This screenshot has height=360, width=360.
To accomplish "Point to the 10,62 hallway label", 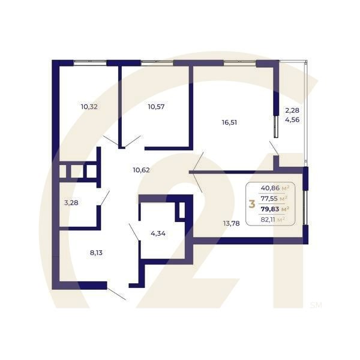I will pyautogui.click(x=141, y=170).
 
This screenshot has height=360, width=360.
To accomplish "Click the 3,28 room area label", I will pyautogui.click(x=71, y=202).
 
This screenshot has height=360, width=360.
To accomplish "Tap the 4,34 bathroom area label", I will pyautogui.click(x=158, y=233).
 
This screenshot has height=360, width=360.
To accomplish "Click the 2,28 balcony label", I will pyautogui.click(x=292, y=110).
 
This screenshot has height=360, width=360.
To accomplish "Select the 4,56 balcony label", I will pyautogui.click(x=292, y=119).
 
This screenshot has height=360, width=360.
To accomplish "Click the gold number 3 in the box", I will pyautogui.click(x=251, y=204).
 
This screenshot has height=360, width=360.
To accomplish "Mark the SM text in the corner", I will pyautogui.click(x=316, y=305).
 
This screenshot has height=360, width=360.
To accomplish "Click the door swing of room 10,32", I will pyautogui.click(x=110, y=142).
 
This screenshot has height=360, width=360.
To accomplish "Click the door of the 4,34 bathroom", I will pyautogui.click(x=134, y=232).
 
